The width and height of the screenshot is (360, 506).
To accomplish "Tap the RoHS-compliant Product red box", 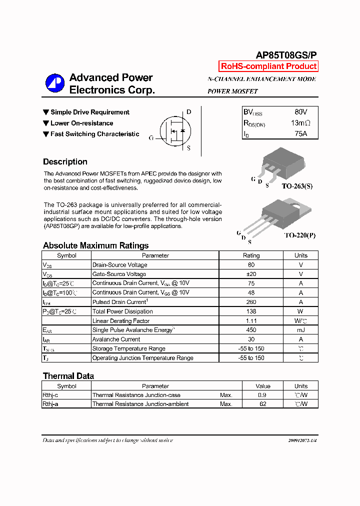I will [268, 66].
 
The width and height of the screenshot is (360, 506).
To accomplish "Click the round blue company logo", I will [55, 83].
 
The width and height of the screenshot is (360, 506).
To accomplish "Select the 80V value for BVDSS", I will [300, 112].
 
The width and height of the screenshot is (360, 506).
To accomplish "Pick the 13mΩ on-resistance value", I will [300, 123].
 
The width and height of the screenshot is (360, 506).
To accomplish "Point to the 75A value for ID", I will [300, 133].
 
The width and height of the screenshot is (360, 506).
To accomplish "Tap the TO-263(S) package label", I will [297, 185].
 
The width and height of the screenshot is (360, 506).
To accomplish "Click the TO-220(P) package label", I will [300, 234].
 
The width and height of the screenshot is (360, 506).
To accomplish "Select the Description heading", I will [65, 162].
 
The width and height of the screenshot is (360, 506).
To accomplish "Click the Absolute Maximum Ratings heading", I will [95, 245].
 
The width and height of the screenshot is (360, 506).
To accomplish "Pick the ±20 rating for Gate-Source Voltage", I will [251, 274].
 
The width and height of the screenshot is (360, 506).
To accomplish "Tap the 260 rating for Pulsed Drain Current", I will [251, 302].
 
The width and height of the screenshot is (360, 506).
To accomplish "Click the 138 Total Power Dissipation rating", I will [251, 311].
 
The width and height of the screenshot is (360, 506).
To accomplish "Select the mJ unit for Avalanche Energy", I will [301, 330].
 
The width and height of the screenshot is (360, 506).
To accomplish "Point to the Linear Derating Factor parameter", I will [121, 321].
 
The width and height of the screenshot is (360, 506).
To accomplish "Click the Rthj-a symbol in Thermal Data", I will [50, 404].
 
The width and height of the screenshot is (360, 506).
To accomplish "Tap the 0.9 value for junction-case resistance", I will [262, 395].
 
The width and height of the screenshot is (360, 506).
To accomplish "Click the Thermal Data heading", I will [68, 376].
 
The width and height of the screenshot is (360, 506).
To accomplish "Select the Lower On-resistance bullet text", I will [81, 123].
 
